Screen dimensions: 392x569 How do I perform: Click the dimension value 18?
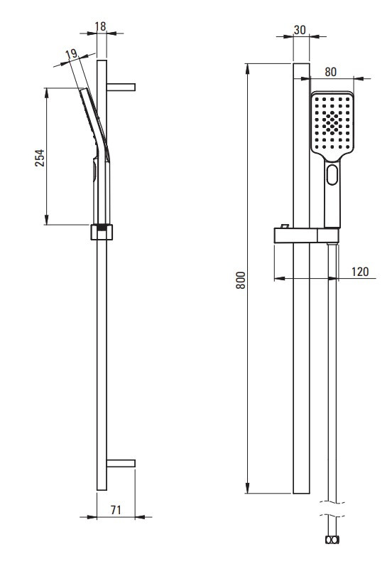(100, 26)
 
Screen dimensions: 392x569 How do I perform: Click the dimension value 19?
(72, 54)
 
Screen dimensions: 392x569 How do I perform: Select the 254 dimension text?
(40, 157)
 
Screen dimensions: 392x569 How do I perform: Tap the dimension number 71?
(116, 510)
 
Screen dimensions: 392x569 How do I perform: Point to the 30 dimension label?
(300, 30)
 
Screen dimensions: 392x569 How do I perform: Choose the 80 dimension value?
(330, 72)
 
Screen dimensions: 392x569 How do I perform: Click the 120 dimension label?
(360, 272)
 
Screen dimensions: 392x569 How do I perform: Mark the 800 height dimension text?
(241, 280)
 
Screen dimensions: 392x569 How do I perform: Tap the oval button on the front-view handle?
(332, 175)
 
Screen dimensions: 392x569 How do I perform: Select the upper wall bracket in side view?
(121, 87)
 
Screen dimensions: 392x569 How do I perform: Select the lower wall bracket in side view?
(121, 463)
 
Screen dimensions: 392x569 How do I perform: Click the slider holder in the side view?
(102, 232)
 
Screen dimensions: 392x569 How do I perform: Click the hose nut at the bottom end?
(332, 540)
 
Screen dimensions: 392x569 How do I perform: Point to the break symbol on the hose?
(332, 508)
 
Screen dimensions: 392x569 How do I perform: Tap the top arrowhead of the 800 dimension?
(248, 69)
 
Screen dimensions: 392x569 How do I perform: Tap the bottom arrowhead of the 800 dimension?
(248, 488)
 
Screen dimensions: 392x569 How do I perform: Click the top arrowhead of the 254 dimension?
(46, 93)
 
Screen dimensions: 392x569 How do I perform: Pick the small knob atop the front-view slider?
(285, 226)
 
